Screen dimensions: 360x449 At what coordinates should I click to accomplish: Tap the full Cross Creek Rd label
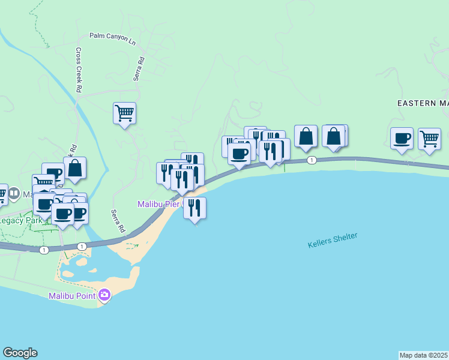coord(79,70)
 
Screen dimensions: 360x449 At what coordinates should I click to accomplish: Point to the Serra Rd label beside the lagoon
coord(118,221)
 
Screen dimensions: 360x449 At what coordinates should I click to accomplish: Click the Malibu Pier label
coord(160,204)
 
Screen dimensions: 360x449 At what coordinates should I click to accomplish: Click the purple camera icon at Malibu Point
coord(104,295)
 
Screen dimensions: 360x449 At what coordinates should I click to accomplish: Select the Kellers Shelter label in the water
coord(333,240)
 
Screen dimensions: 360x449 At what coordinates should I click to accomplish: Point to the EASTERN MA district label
coord(423,103)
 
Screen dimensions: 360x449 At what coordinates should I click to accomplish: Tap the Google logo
coord(20,353)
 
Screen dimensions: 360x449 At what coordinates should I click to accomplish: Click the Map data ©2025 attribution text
coord(424,355)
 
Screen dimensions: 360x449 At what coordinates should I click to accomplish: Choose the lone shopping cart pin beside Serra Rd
coord(124,112)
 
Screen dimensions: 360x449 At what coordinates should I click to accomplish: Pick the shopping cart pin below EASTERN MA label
coord(429,139)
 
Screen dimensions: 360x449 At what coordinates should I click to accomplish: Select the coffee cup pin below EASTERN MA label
coord(402,138)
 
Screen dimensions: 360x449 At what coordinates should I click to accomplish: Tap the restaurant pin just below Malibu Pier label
coord(194,208)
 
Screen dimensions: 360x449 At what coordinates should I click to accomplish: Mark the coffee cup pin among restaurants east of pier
coord(239,153)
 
